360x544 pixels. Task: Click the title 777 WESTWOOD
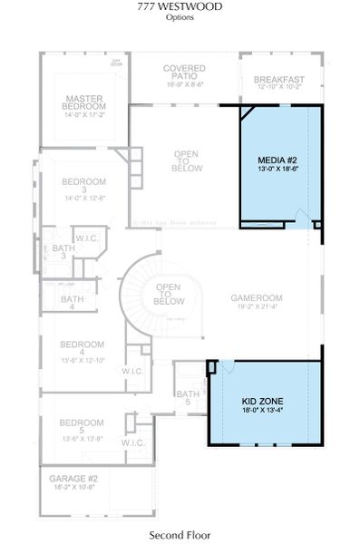point(180,7)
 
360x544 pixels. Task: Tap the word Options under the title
point(180,17)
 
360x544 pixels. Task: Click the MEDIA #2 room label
point(277,160)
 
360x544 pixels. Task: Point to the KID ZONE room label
point(264,399)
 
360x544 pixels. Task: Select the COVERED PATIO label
point(184,73)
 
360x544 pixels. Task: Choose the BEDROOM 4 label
point(81,349)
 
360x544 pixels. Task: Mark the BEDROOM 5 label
point(81,423)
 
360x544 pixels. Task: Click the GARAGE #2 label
point(74,478)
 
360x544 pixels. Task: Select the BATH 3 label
point(63,252)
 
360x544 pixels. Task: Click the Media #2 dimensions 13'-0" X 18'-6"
point(277,170)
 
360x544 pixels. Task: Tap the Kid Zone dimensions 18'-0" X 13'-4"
point(264,409)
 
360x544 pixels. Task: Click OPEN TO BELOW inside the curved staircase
point(170,295)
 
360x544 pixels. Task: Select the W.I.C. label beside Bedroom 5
point(132,442)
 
